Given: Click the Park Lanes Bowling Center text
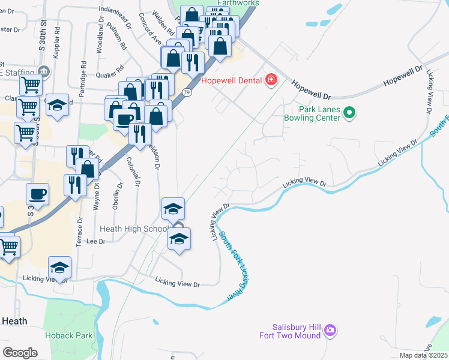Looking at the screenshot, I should point(319,113).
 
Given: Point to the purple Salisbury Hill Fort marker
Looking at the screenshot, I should point(330,330).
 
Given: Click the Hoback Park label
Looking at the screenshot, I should point(69,335).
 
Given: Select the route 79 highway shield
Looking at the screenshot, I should point(187,92).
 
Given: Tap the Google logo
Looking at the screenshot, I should point(20,352).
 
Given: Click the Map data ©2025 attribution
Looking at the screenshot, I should point(423,355).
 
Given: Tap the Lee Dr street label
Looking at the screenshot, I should point(96,241).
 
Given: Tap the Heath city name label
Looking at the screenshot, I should point(14,321).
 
